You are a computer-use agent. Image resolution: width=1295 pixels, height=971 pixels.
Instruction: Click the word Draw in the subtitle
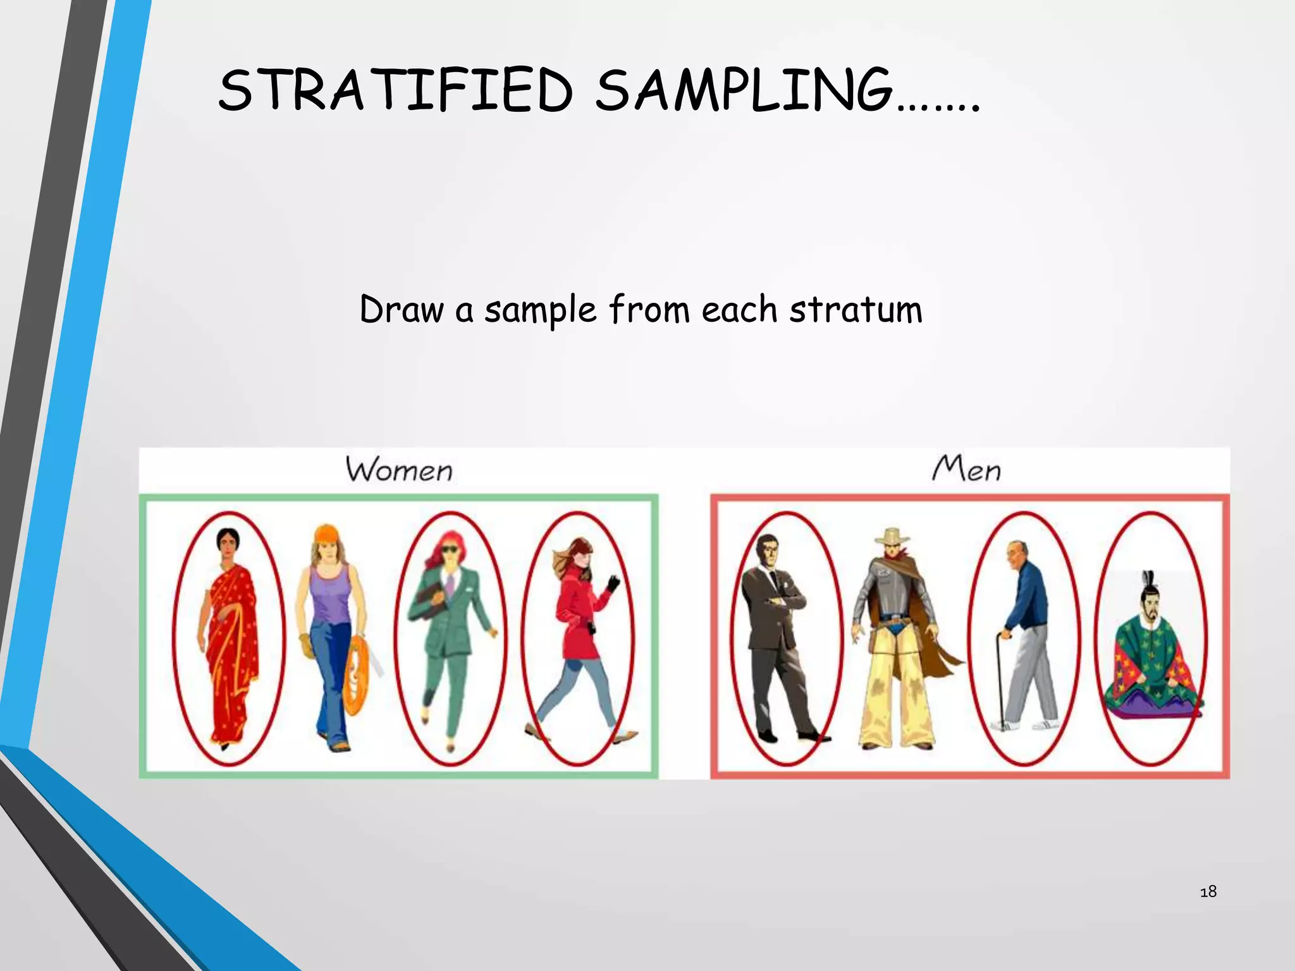pyautogui.click(x=402, y=310)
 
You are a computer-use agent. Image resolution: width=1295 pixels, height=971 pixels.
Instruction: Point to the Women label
pyautogui.click(x=400, y=470)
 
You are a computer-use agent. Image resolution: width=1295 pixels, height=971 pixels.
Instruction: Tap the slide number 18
pyautogui.click(x=1208, y=891)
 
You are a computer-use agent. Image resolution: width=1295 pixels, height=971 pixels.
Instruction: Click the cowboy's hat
pyautogui.click(x=892, y=537)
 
